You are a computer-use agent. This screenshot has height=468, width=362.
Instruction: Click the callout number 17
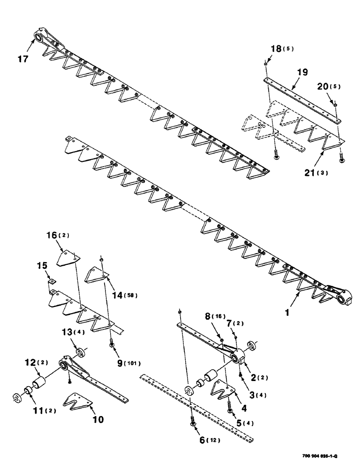point(23,59)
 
